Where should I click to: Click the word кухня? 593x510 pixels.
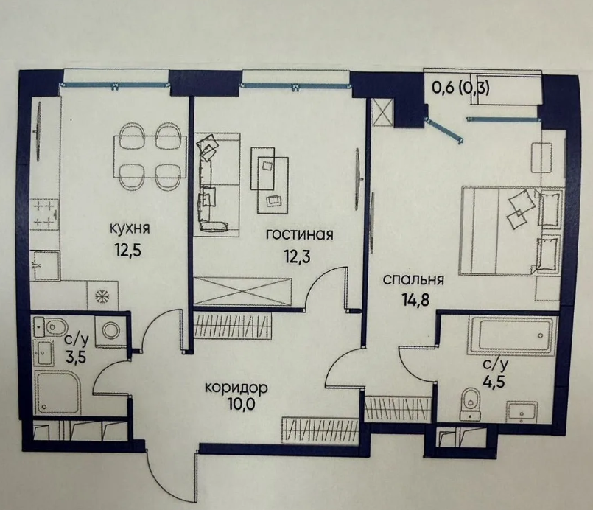tap(130, 229)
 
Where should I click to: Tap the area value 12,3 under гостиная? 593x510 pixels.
tap(298, 256)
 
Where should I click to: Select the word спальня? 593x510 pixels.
tap(413, 280)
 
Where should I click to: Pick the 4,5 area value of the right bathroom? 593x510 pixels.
tap(494, 380)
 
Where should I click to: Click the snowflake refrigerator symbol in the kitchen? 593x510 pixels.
tap(102, 296)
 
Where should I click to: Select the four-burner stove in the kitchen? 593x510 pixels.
tap(46, 215)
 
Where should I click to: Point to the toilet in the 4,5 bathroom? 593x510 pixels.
tap(471, 403)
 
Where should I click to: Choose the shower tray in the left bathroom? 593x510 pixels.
tap(58, 392)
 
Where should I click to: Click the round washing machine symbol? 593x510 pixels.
tap(111, 331)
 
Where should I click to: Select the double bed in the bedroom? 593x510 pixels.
tap(511, 231)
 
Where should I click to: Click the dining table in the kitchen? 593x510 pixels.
tap(150, 157)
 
